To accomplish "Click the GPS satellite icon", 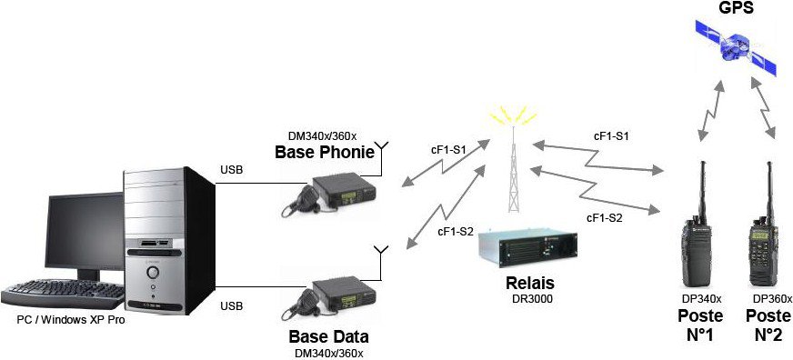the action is (737, 47).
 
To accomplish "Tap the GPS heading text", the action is (737, 7).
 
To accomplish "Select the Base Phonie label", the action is (324, 152).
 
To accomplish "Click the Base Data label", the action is (328, 336).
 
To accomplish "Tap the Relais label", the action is (530, 283).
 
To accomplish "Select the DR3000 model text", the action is (531, 298).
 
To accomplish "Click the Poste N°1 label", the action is (700, 325).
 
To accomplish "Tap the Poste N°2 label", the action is (768, 325).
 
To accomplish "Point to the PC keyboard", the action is (64, 295).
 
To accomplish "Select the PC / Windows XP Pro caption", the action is (71, 320).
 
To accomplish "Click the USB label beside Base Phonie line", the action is (231, 169).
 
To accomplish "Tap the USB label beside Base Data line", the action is (231, 305).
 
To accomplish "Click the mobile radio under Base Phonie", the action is (328, 195).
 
